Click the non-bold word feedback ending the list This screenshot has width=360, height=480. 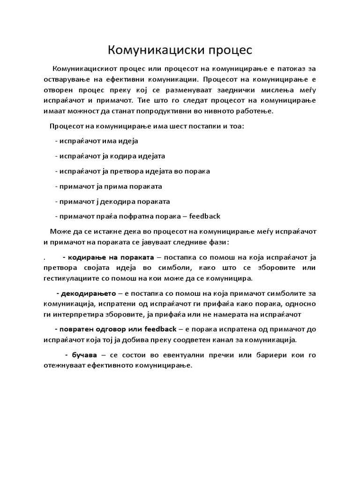pyautogui.click(x=204, y=216)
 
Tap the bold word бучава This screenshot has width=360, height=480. pyautogui.click(x=82, y=355)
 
